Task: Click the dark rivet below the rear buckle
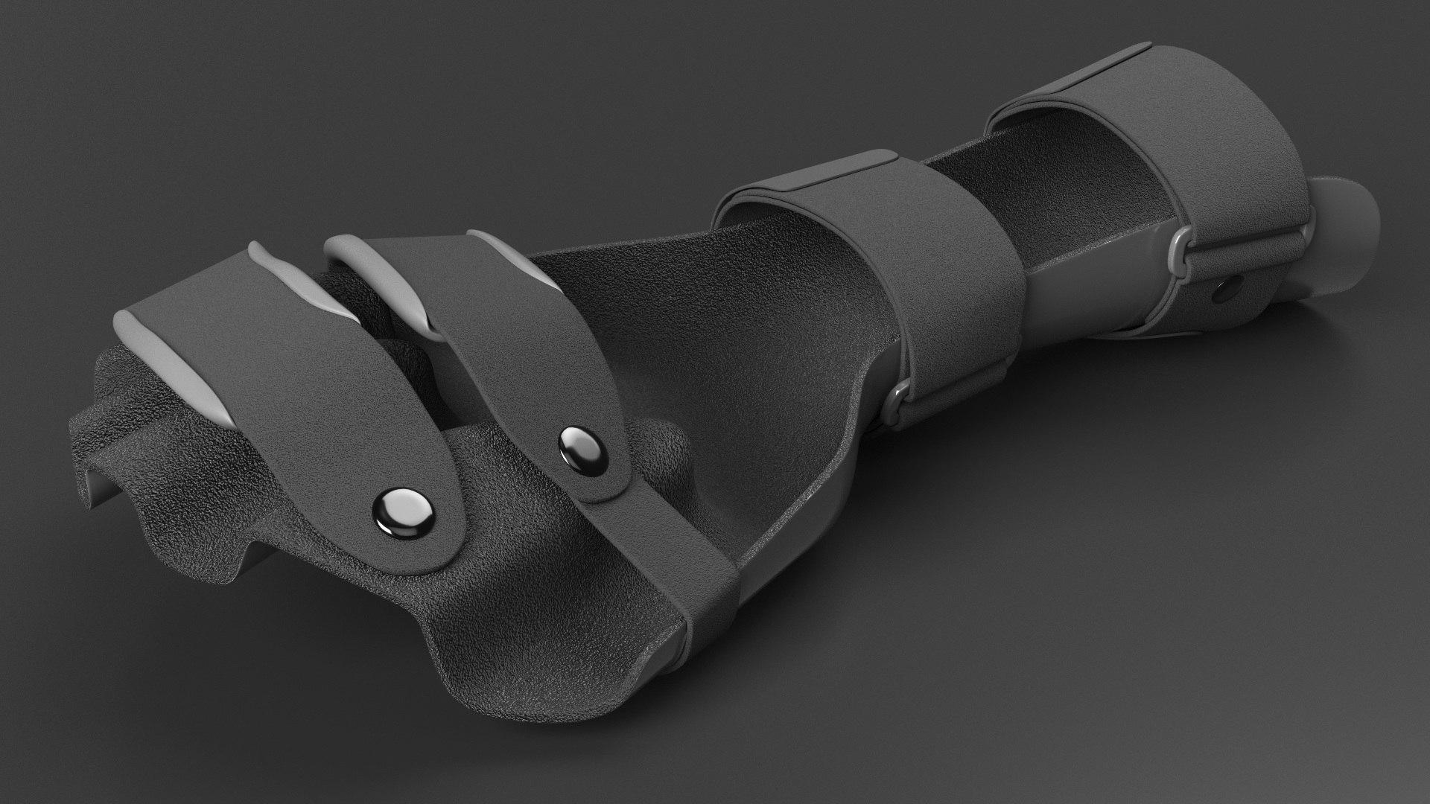coord(1222,290)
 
